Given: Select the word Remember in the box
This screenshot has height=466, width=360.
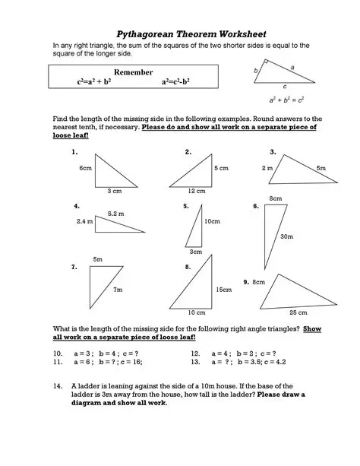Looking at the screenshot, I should click(133, 71).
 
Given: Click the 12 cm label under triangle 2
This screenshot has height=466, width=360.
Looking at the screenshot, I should click(196, 191).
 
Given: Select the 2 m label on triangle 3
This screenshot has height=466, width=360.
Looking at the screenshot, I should click(267, 167).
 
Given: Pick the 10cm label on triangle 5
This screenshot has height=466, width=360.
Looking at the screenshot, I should click(212, 221).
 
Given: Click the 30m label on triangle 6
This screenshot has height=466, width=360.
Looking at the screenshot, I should click(286, 236).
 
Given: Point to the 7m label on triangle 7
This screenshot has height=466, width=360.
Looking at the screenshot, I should click(117, 290).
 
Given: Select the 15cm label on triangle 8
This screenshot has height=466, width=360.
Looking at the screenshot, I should click(223, 290).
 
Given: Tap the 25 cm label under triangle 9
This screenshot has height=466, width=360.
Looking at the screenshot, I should click(298, 312).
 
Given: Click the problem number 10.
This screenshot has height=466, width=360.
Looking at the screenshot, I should click(57, 354).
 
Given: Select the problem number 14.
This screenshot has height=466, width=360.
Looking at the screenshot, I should click(57, 386).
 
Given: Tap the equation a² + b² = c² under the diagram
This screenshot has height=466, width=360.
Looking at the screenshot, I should click(287, 99).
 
